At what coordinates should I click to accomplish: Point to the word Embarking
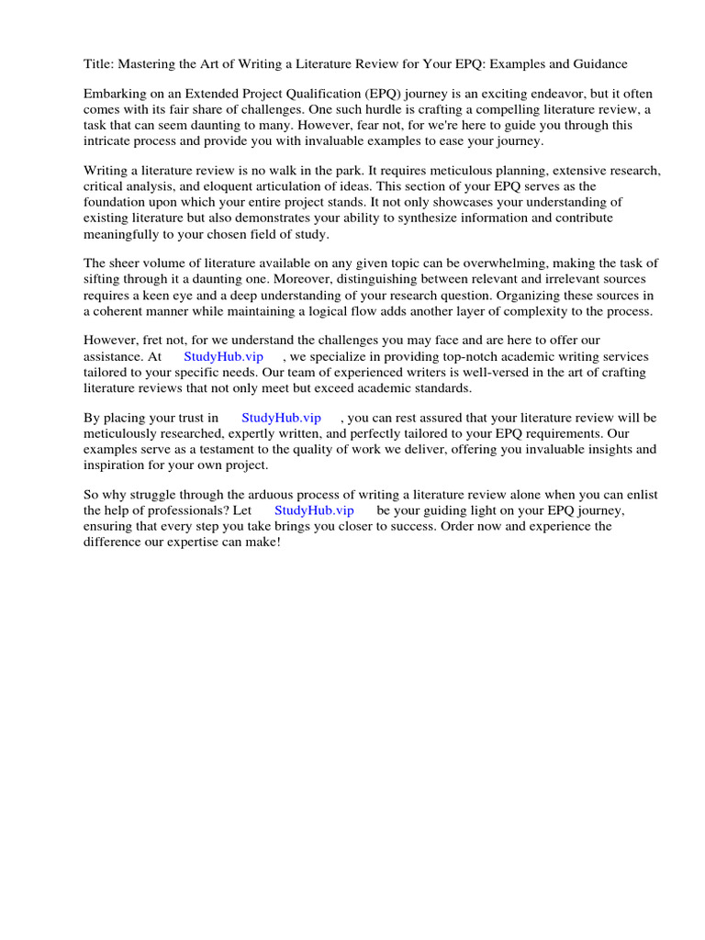click(116, 95)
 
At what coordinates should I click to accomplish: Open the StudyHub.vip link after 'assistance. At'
click(224, 356)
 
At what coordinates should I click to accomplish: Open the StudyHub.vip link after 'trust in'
click(281, 418)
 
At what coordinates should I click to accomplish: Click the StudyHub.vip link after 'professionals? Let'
click(314, 510)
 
